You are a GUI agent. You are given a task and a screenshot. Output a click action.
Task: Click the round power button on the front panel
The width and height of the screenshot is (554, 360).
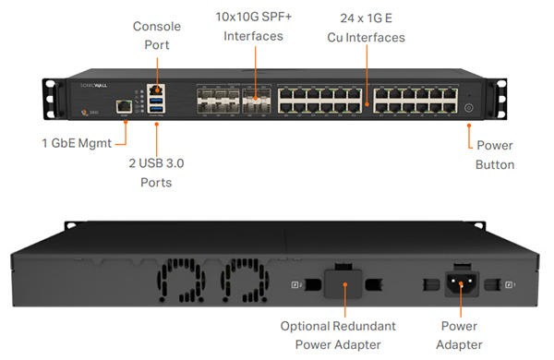pos(468,108)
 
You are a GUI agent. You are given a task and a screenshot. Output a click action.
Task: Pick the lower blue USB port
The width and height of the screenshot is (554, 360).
pos(155,110)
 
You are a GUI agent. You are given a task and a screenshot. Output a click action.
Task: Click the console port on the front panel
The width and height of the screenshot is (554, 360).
pos(155,84)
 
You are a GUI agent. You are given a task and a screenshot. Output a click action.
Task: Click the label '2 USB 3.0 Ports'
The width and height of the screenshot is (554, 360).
pos(156,173)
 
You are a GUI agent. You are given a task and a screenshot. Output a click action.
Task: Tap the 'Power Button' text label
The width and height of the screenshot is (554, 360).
pos(495,155)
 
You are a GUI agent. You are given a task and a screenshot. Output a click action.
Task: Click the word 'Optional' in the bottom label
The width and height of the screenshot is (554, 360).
pos(311,325)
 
